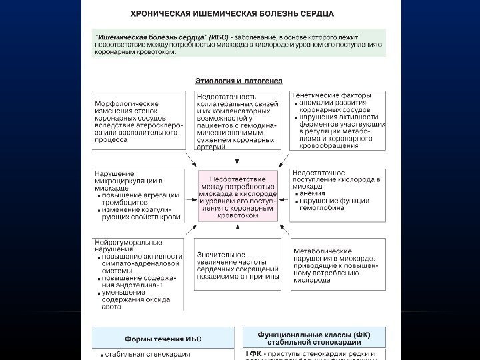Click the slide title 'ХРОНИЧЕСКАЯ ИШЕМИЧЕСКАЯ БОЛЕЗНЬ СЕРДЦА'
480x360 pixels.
coord(242,13)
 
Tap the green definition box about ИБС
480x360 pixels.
coord(239,42)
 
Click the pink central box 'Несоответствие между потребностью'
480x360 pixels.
coord(239,198)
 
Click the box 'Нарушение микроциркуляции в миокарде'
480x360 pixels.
coord(139,196)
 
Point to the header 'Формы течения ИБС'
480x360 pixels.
coord(165,339)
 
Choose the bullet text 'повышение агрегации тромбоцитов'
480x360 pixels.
coord(141,198)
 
